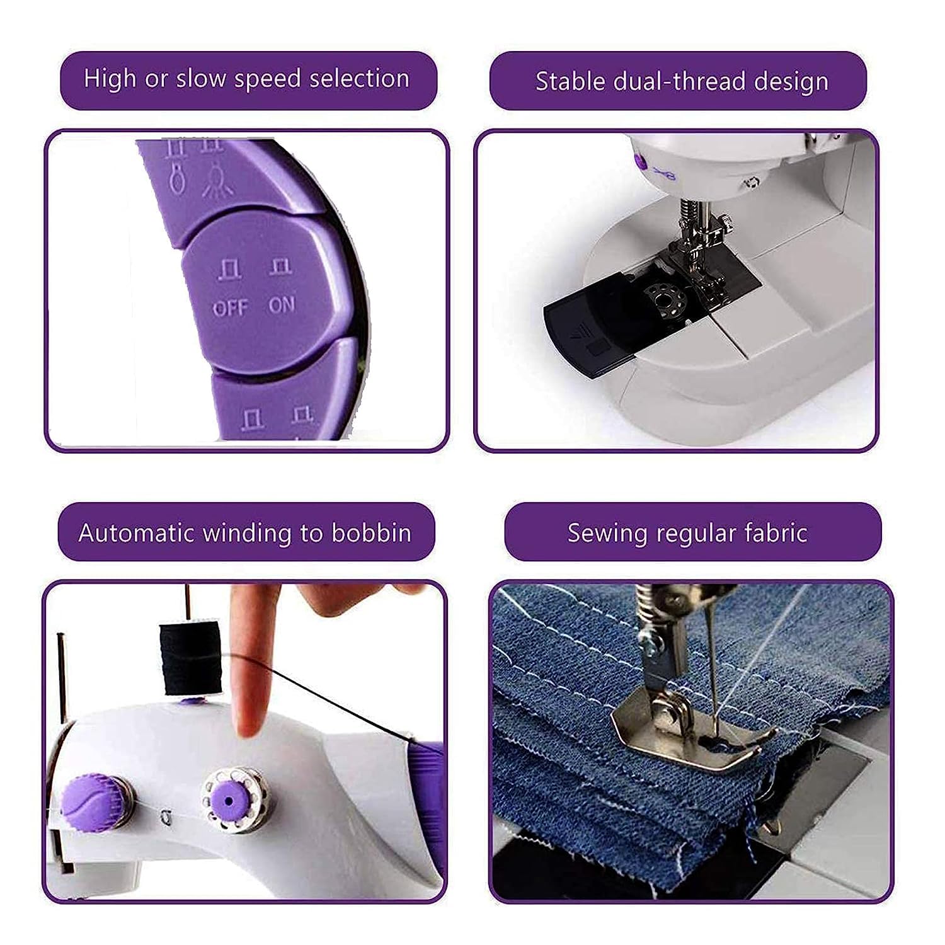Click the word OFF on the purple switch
(231, 308)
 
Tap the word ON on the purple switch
(282, 305)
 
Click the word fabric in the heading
(776, 533)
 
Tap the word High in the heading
(110, 79)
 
